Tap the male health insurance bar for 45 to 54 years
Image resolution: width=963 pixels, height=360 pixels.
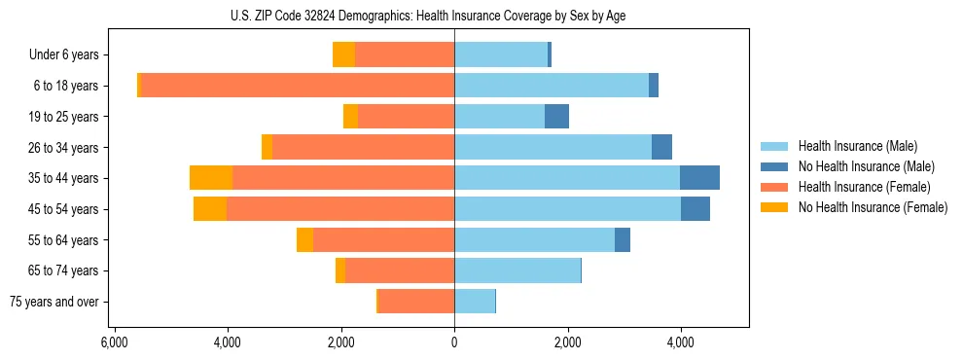click(567, 209)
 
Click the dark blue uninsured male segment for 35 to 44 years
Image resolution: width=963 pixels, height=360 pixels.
click(699, 178)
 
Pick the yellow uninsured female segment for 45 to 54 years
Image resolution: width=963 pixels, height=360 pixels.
click(210, 209)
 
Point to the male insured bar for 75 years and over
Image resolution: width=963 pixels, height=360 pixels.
click(475, 302)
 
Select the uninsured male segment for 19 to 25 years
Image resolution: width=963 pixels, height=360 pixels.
click(556, 117)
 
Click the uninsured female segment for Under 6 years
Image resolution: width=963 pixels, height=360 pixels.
click(343, 54)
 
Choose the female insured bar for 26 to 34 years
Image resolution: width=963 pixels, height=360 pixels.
click(363, 147)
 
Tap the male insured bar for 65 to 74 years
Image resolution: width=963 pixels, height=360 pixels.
click(517, 270)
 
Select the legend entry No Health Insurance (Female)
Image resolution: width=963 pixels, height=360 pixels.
click(872, 207)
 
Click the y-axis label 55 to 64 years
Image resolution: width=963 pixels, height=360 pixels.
click(64, 240)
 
